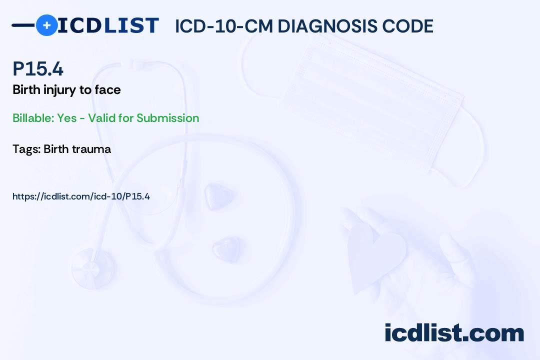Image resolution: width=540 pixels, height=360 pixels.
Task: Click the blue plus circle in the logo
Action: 46,25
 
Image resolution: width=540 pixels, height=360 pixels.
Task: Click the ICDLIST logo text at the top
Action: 108,25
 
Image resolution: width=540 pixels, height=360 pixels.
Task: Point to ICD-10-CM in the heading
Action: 223,26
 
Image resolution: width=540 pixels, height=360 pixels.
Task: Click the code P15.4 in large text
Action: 38,69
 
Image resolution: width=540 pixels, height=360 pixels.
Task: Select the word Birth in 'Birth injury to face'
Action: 25,90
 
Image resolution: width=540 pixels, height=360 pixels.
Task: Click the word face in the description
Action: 107,90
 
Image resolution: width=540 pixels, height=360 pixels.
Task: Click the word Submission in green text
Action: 167,118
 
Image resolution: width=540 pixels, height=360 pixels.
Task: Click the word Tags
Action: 26,149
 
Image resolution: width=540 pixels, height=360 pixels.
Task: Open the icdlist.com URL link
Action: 81,196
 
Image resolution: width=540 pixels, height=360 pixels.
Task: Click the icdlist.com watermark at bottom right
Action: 454,333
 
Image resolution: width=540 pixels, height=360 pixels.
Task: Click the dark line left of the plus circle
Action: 23,25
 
